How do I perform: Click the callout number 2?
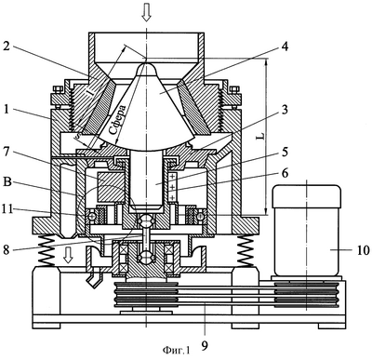(x=7, y=47)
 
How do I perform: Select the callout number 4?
(x=285, y=47)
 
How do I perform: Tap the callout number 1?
(x=7, y=110)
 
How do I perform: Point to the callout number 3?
(x=285, y=110)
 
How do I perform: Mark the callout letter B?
(x=7, y=182)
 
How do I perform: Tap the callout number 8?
(x=7, y=249)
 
